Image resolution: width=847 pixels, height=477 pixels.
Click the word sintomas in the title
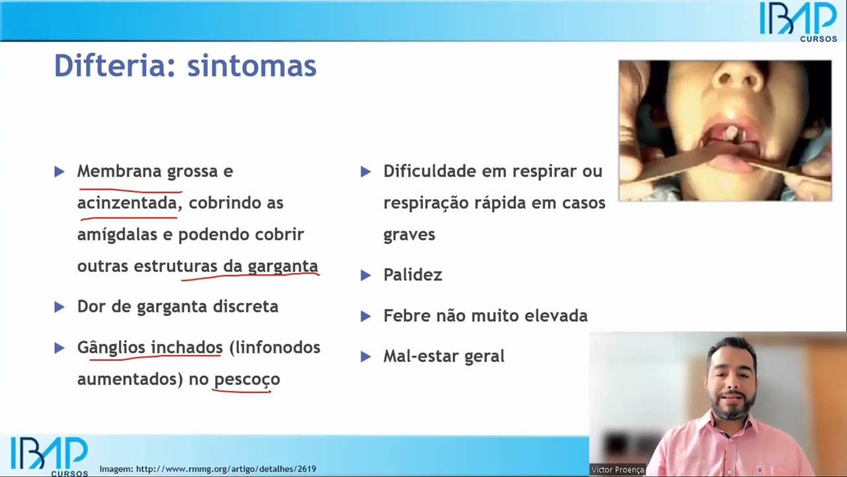(x=251, y=66)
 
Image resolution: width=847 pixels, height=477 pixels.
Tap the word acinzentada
(x=127, y=203)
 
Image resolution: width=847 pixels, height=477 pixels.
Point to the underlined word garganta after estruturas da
(x=283, y=266)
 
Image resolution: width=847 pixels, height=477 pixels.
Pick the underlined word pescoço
(x=247, y=379)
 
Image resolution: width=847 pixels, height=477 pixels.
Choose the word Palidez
(x=412, y=275)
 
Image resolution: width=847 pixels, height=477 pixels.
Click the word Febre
(x=405, y=316)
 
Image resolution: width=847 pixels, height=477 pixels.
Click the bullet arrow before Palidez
(x=365, y=275)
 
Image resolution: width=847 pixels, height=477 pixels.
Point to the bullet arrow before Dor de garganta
(x=60, y=307)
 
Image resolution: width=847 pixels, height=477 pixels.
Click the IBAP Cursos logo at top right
(x=798, y=21)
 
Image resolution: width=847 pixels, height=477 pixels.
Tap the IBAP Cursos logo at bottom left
(x=49, y=456)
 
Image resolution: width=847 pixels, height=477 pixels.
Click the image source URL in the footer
(x=208, y=469)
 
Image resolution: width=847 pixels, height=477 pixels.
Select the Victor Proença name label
(x=617, y=470)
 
